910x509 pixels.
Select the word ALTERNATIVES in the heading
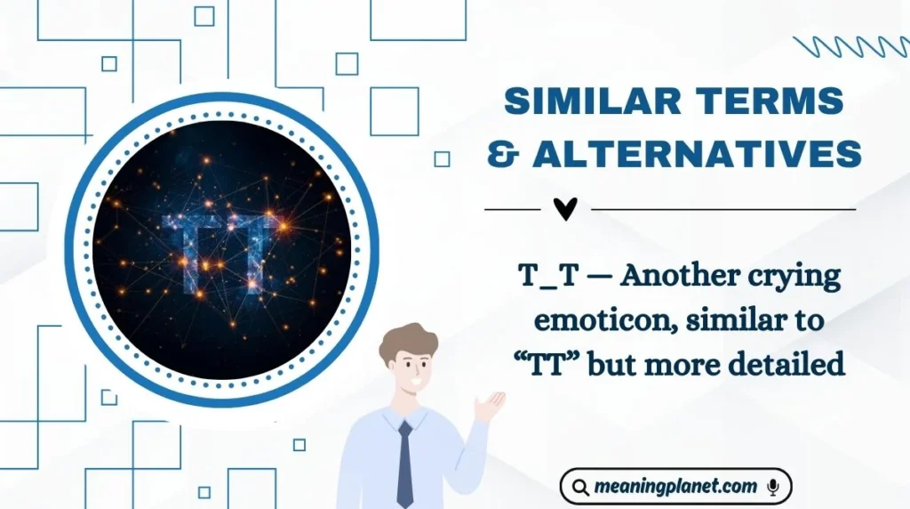[x=697, y=154]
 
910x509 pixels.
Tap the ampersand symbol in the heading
[x=503, y=154]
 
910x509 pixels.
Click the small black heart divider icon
[x=565, y=209]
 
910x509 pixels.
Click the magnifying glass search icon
[x=580, y=487]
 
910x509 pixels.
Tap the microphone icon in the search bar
[x=772, y=487]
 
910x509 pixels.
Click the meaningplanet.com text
[x=675, y=487]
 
